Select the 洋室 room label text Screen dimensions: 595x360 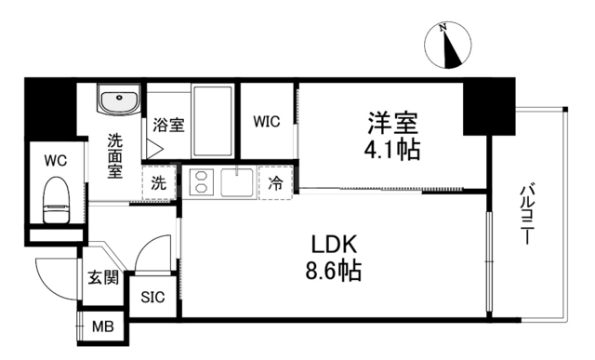tap(391, 123)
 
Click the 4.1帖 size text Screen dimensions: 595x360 tap(391, 149)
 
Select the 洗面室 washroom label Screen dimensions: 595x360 tap(114, 156)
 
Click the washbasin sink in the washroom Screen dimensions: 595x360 tap(118, 100)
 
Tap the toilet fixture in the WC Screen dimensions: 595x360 tap(58, 199)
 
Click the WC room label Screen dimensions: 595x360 tap(53, 159)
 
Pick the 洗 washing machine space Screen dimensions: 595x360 tap(160, 181)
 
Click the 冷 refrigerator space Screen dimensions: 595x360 tap(276, 181)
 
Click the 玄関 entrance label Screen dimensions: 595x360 tap(102, 277)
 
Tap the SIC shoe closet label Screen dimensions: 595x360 tap(152, 298)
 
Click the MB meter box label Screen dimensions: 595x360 tap(102, 327)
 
